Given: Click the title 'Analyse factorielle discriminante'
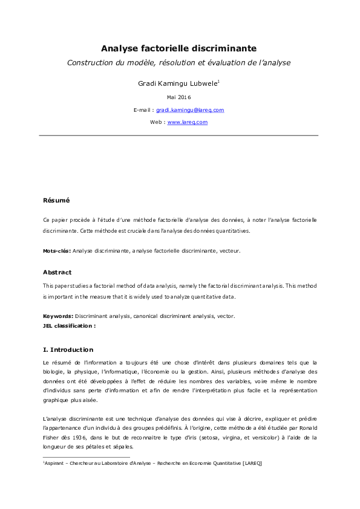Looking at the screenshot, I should click(x=178, y=48).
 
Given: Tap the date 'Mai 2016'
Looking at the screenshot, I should click(x=178, y=97).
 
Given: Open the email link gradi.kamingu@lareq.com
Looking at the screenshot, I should click(x=190, y=110).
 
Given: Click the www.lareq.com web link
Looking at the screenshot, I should click(x=188, y=122).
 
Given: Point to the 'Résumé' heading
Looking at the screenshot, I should click(x=56, y=200).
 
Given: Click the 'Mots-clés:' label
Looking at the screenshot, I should click(x=57, y=250).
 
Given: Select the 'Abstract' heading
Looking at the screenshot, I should click(x=57, y=272).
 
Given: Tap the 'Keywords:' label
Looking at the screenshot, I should click(x=58, y=316).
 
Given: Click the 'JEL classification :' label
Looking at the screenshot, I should click(x=69, y=325).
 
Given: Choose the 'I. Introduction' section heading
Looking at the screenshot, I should click(x=68, y=349).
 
